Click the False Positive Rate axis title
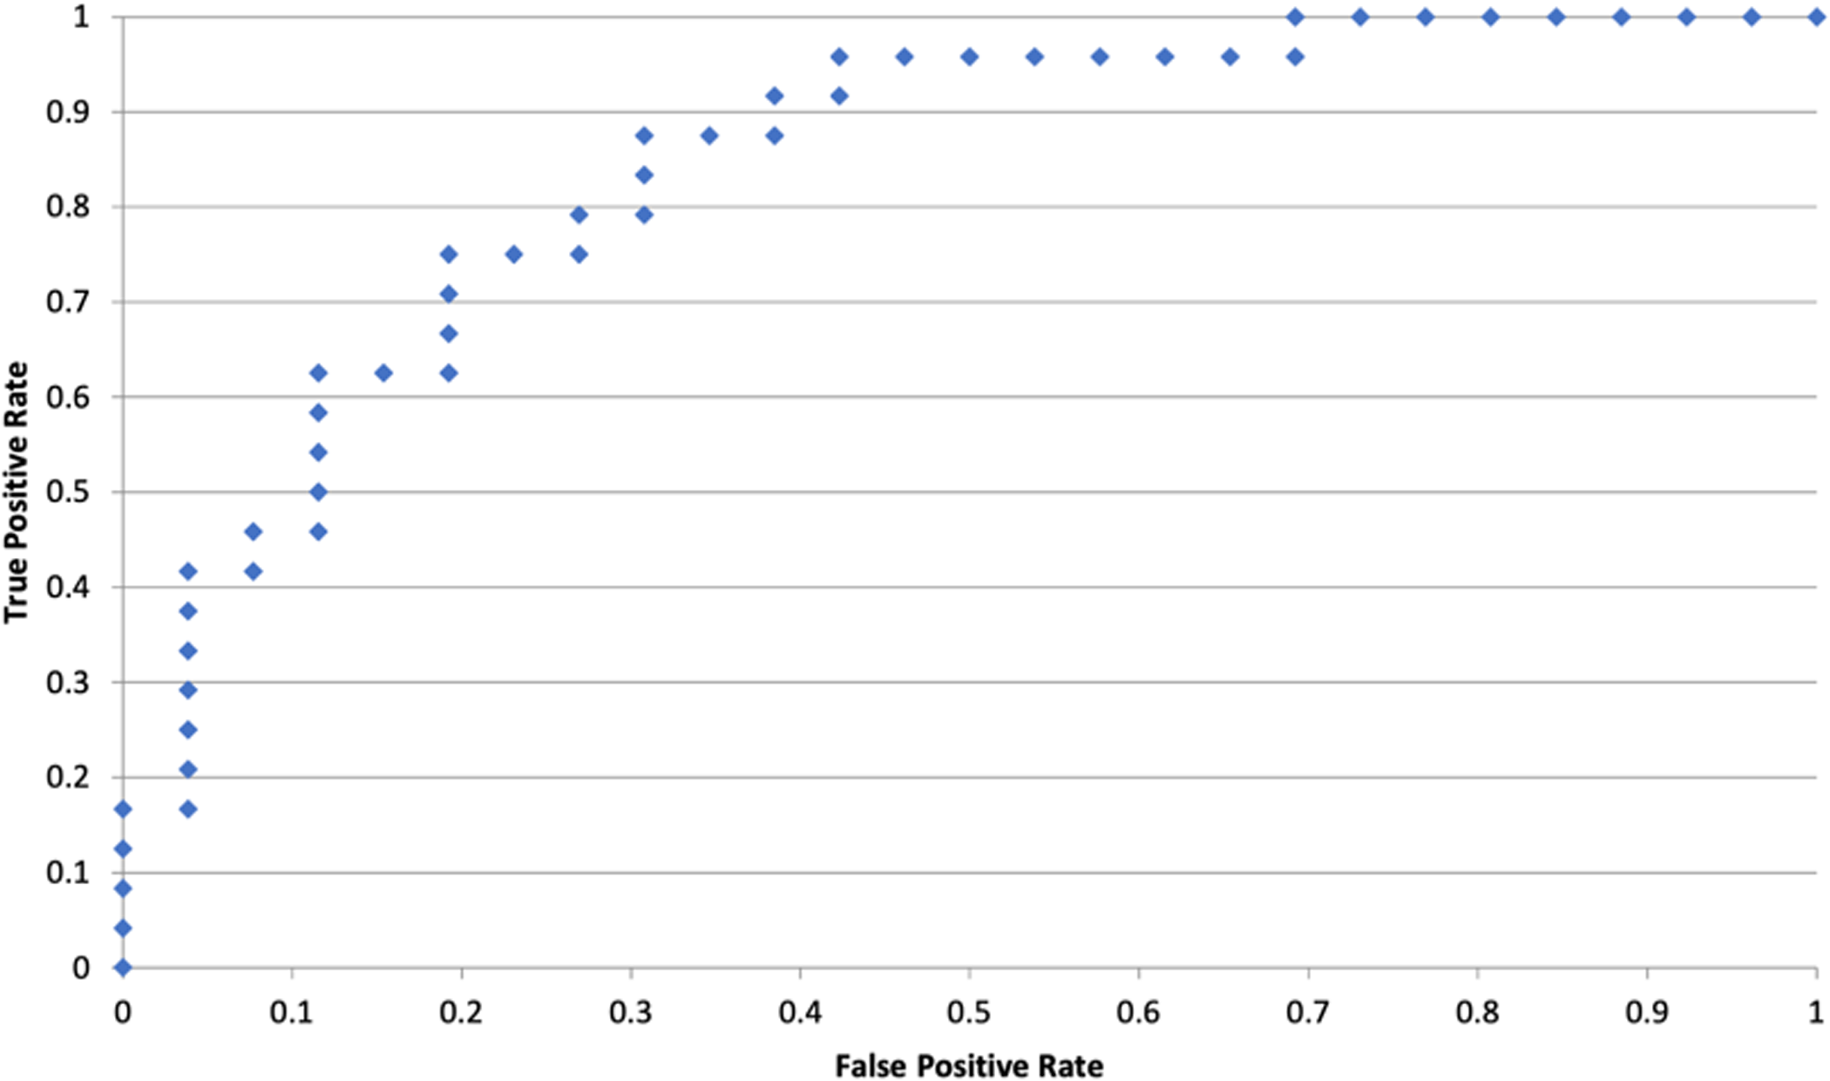click(x=969, y=1065)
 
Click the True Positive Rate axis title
click(x=16, y=493)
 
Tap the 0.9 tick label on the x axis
click(x=1647, y=1012)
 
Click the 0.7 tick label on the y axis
click(x=68, y=303)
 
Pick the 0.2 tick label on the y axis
click(x=68, y=778)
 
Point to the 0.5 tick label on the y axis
click(x=68, y=493)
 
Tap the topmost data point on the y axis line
click(x=123, y=809)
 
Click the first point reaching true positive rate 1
click(x=1295, y=17)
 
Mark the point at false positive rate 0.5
click(x=969, y=58)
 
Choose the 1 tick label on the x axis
click(x=1816, y=1012)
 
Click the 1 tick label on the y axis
click(x=81, y=17)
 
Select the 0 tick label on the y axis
click(x=81, y=968)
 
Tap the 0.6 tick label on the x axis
click(x=1139, y=1012)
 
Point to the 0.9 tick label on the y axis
click(x=68, y=112)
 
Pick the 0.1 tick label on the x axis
click(x=292, y=1012)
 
